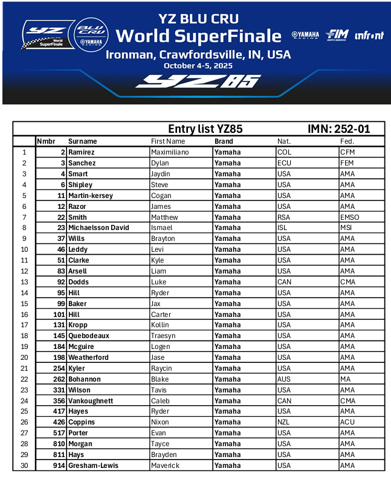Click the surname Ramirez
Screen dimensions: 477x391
tap(81, 152)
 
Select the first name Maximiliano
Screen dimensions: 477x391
tap(170, 152)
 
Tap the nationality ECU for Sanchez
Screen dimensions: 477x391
tap(284, 163)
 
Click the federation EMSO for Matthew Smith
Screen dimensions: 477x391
tap(349, 217)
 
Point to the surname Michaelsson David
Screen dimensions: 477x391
tap(99, 228)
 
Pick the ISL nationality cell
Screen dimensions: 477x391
tap(282, 228)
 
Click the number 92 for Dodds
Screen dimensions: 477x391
tap(61, 282)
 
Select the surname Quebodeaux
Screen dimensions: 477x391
tap(89, 336)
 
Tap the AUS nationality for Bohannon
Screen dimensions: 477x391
tap(283, 379)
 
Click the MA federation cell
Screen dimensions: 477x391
tap(346, 379)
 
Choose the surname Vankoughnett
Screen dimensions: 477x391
tap(91, 401)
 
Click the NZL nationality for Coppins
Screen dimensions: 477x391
tap(283, 423)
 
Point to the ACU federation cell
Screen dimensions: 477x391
tap(347, 423)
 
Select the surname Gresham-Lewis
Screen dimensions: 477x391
tap(93, 466)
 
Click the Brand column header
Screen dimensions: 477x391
tap(224, 141)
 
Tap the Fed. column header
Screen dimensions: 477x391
tap(347, 141)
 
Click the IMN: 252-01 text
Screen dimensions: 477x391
tap(338, 129)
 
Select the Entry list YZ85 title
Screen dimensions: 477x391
tap(205, 129)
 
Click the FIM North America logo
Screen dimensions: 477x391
tap(337, 35)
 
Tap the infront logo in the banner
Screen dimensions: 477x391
tap(369, 36)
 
